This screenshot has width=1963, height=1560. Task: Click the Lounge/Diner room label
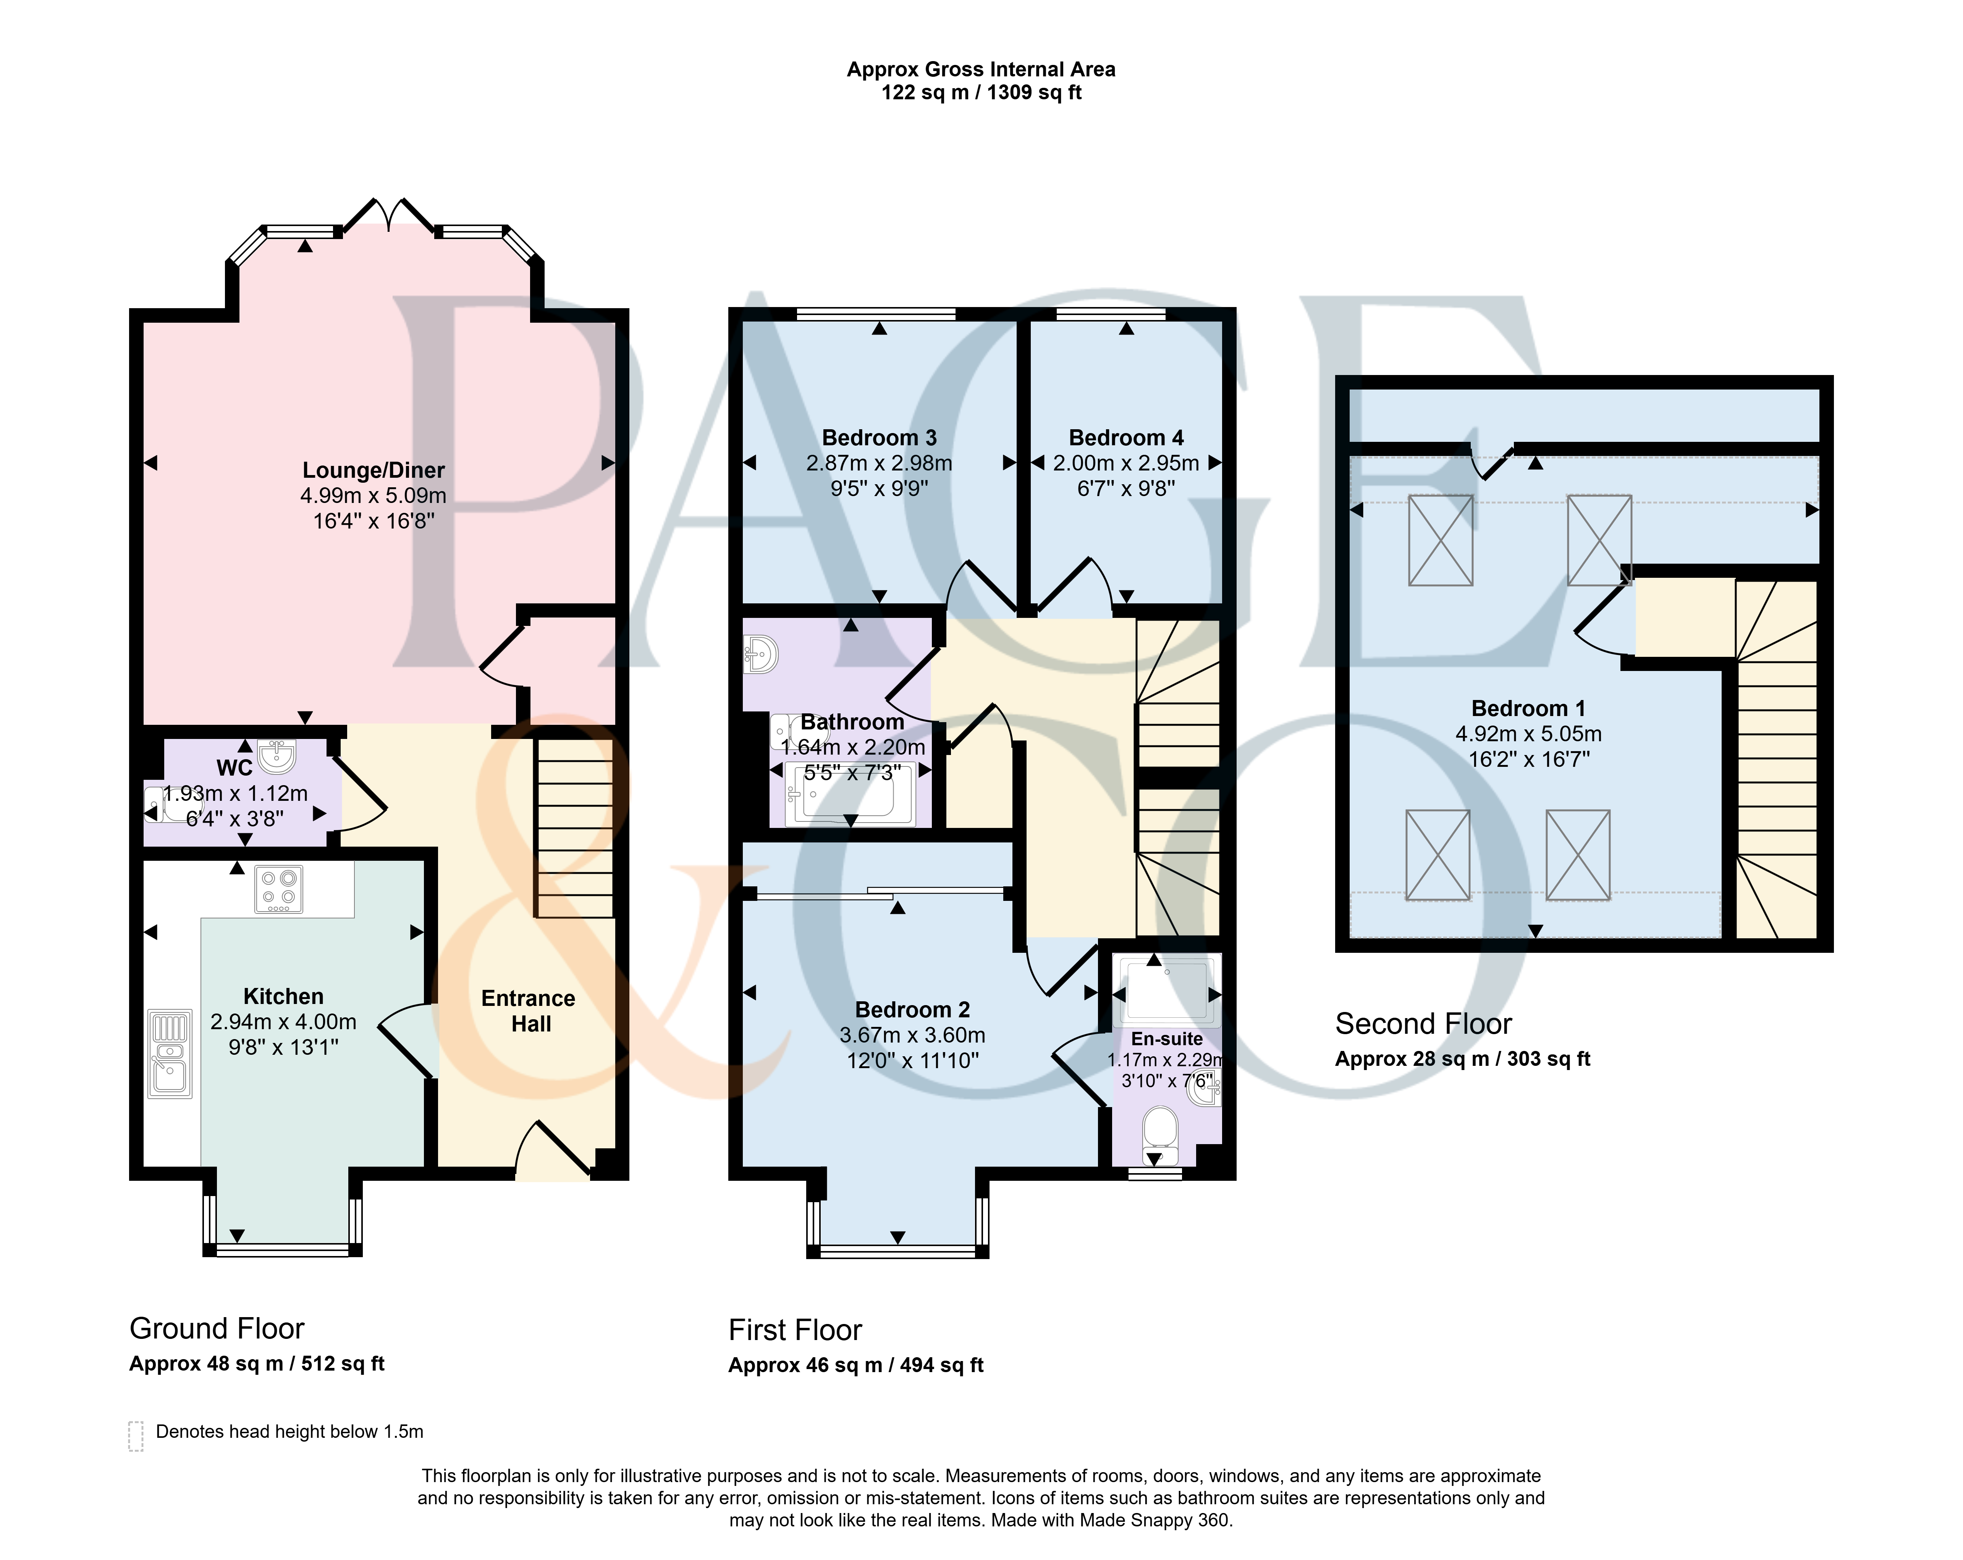tap(373, 470)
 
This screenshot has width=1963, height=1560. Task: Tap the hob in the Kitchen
tap(279, 889)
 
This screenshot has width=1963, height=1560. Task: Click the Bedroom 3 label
tap(879, 438)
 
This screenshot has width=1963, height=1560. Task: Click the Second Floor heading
tap(1423, 1023)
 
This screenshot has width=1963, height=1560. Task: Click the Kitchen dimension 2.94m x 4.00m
tap(283, 1022)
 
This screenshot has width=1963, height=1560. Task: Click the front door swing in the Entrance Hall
tap(551, 1149)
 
